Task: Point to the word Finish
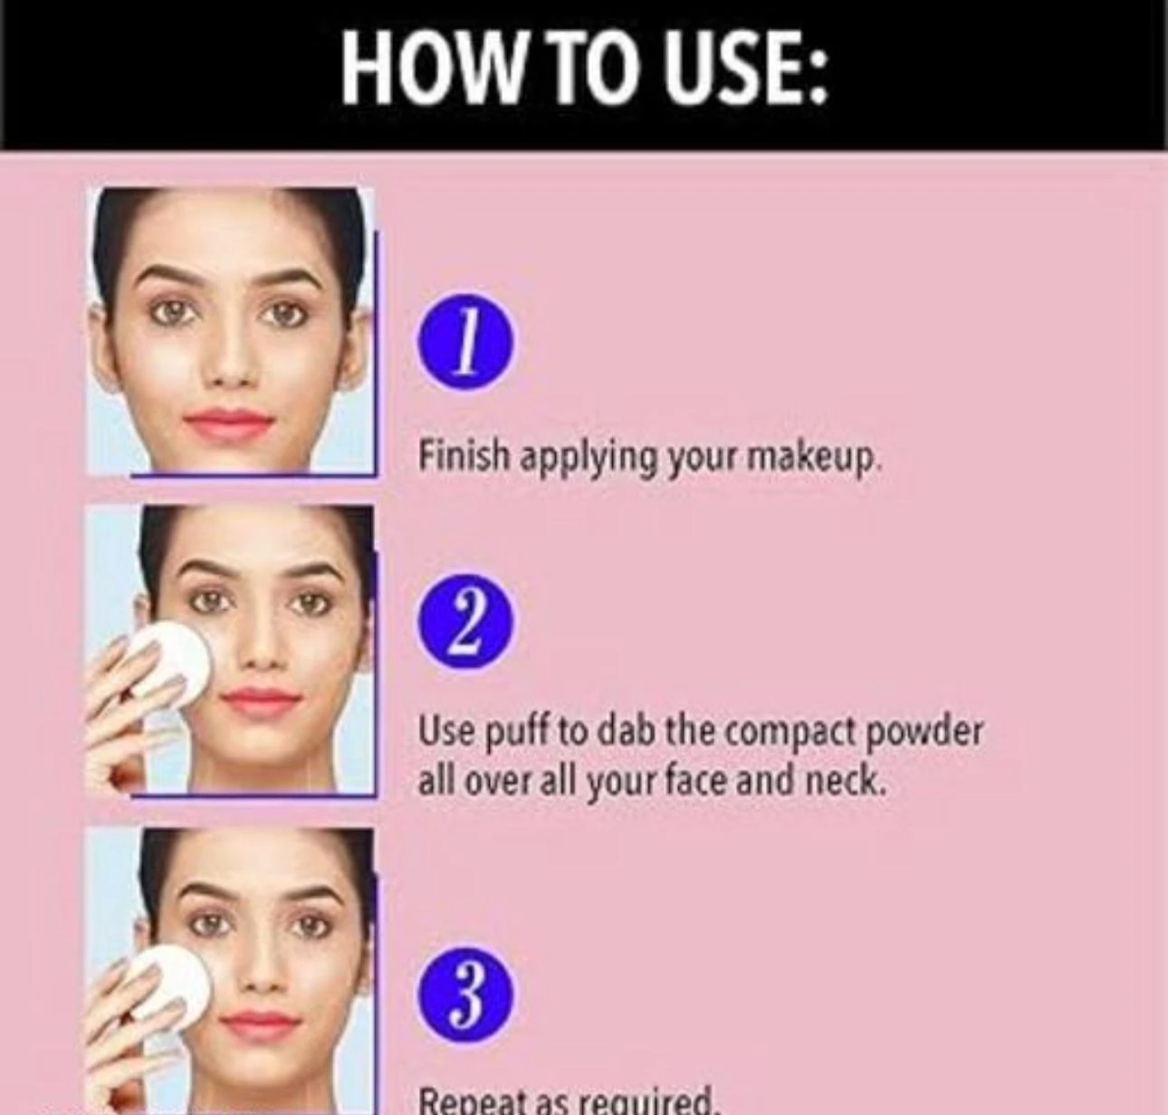coord(464,456)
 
